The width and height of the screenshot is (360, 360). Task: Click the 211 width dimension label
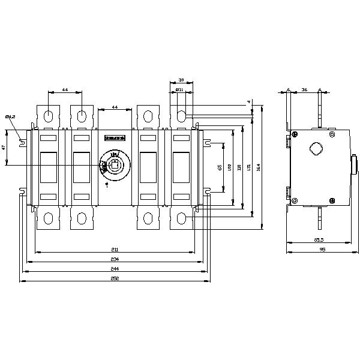(115, 249)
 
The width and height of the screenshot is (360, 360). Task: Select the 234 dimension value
(115, 259)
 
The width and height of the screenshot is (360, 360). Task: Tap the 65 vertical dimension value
(220, 167)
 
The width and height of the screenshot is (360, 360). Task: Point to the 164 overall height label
(259, 167)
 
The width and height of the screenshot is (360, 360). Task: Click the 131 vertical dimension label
(249, 167)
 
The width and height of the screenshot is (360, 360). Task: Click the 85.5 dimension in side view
(318, 241)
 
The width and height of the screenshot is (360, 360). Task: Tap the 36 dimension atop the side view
(304, 90)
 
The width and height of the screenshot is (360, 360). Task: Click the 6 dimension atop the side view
(289, 90)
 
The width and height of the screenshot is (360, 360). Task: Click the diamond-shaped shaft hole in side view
(315, 149)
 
